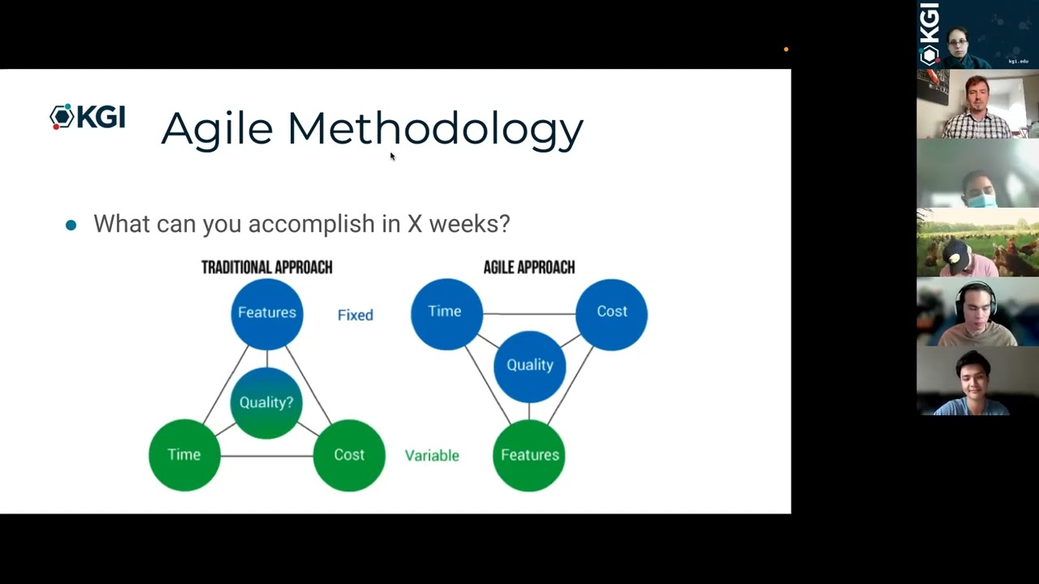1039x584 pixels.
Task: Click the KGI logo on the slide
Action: click(88, 116)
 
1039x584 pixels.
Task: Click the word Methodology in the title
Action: click(436, 131)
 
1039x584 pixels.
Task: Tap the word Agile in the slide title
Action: click(217, 131)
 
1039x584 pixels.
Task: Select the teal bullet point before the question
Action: click(71, 225)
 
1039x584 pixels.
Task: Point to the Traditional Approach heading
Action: click(267, 268)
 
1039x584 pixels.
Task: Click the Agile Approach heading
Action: click(529, 268)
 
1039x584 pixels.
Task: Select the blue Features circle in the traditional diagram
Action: click(267, 314)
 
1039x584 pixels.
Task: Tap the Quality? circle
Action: click(266, 403)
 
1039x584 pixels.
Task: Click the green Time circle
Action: click(184, 455)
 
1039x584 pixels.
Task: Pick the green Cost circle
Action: click(349, 455)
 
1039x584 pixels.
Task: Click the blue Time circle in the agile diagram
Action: click(446, 314)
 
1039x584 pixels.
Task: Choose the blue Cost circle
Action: click(612, 314)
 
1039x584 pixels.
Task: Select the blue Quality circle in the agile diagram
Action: click(530, 366)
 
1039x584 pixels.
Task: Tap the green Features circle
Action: click(529, 455)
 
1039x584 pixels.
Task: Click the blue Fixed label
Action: click(356, 316)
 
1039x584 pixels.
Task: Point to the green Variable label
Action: click(432, 456)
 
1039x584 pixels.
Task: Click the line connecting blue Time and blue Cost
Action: click(529, 314)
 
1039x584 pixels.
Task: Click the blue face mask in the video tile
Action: click(981, 200)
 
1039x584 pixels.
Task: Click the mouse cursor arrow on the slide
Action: click(392, 157)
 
